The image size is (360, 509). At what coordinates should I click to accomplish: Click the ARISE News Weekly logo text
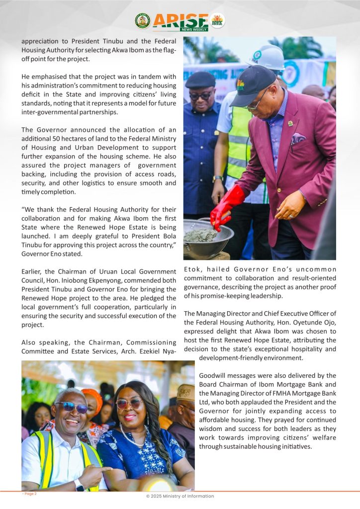[180, 21]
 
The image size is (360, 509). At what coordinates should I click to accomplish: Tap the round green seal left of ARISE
[142, 21]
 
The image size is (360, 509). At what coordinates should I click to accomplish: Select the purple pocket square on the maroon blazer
[298, 138]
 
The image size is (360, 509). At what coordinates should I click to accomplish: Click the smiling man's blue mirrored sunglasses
[72, 407]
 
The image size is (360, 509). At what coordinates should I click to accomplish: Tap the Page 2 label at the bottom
[29, 494]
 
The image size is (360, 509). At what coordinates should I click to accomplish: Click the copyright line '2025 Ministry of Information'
[180, 496]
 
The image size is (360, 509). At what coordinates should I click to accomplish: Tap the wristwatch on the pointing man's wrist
[80, 484]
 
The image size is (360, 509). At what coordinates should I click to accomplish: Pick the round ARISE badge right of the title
[217, 20]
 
